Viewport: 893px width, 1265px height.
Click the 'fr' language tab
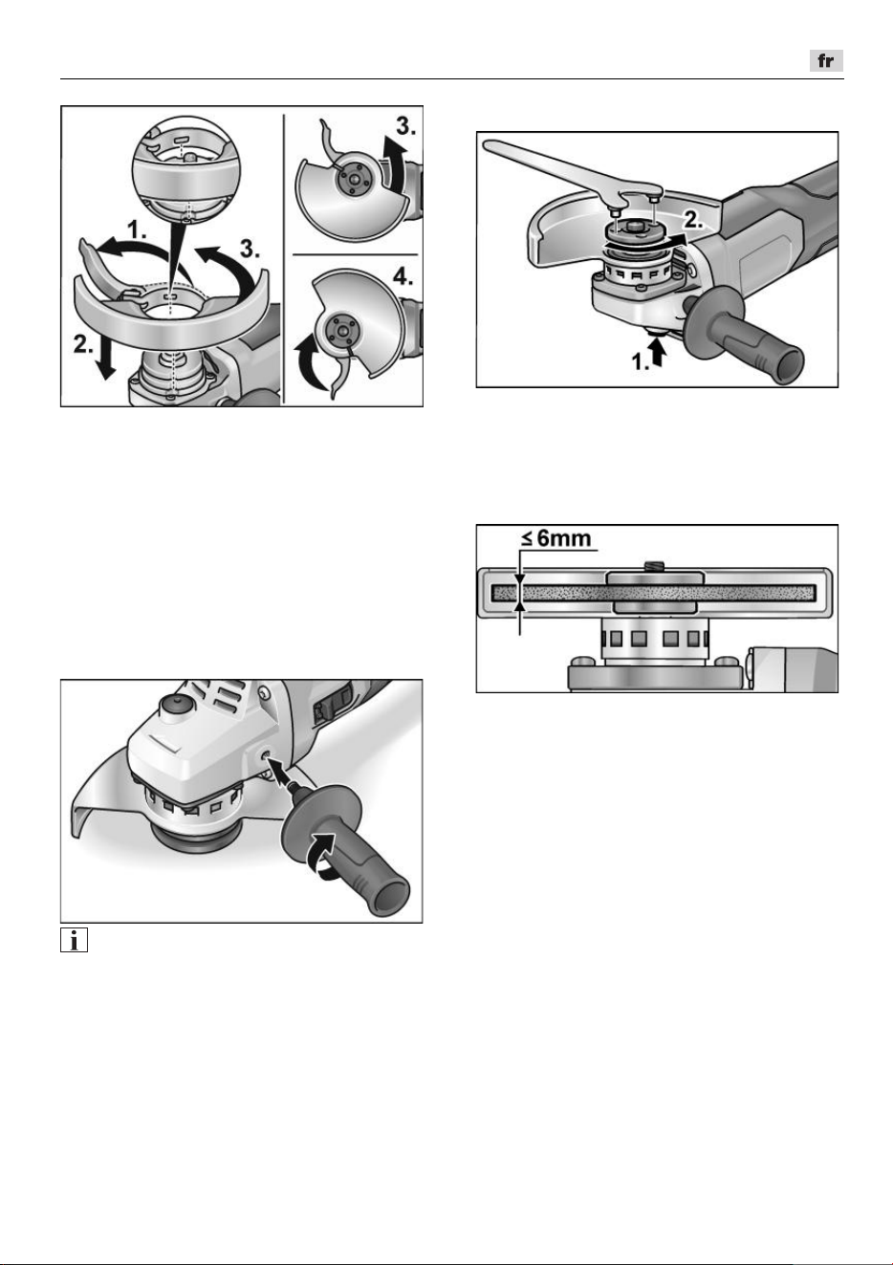[x=826, y=61]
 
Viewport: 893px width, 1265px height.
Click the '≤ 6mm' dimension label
[x=555, y=537]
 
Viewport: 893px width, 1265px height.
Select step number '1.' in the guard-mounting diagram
[x=137, y=229]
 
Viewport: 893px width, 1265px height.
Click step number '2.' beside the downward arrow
[x=83, y=344]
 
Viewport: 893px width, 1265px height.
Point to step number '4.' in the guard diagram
[x=403, y=277]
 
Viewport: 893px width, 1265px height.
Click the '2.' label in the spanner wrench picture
[x=693, y=220]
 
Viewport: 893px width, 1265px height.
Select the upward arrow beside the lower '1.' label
[x=658, y=356]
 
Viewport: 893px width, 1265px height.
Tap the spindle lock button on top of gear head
[x=175, y=707]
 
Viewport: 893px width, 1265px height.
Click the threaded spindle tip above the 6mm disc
[x=654, y=566]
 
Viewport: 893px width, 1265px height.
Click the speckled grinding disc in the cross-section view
[x=654, y=593]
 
